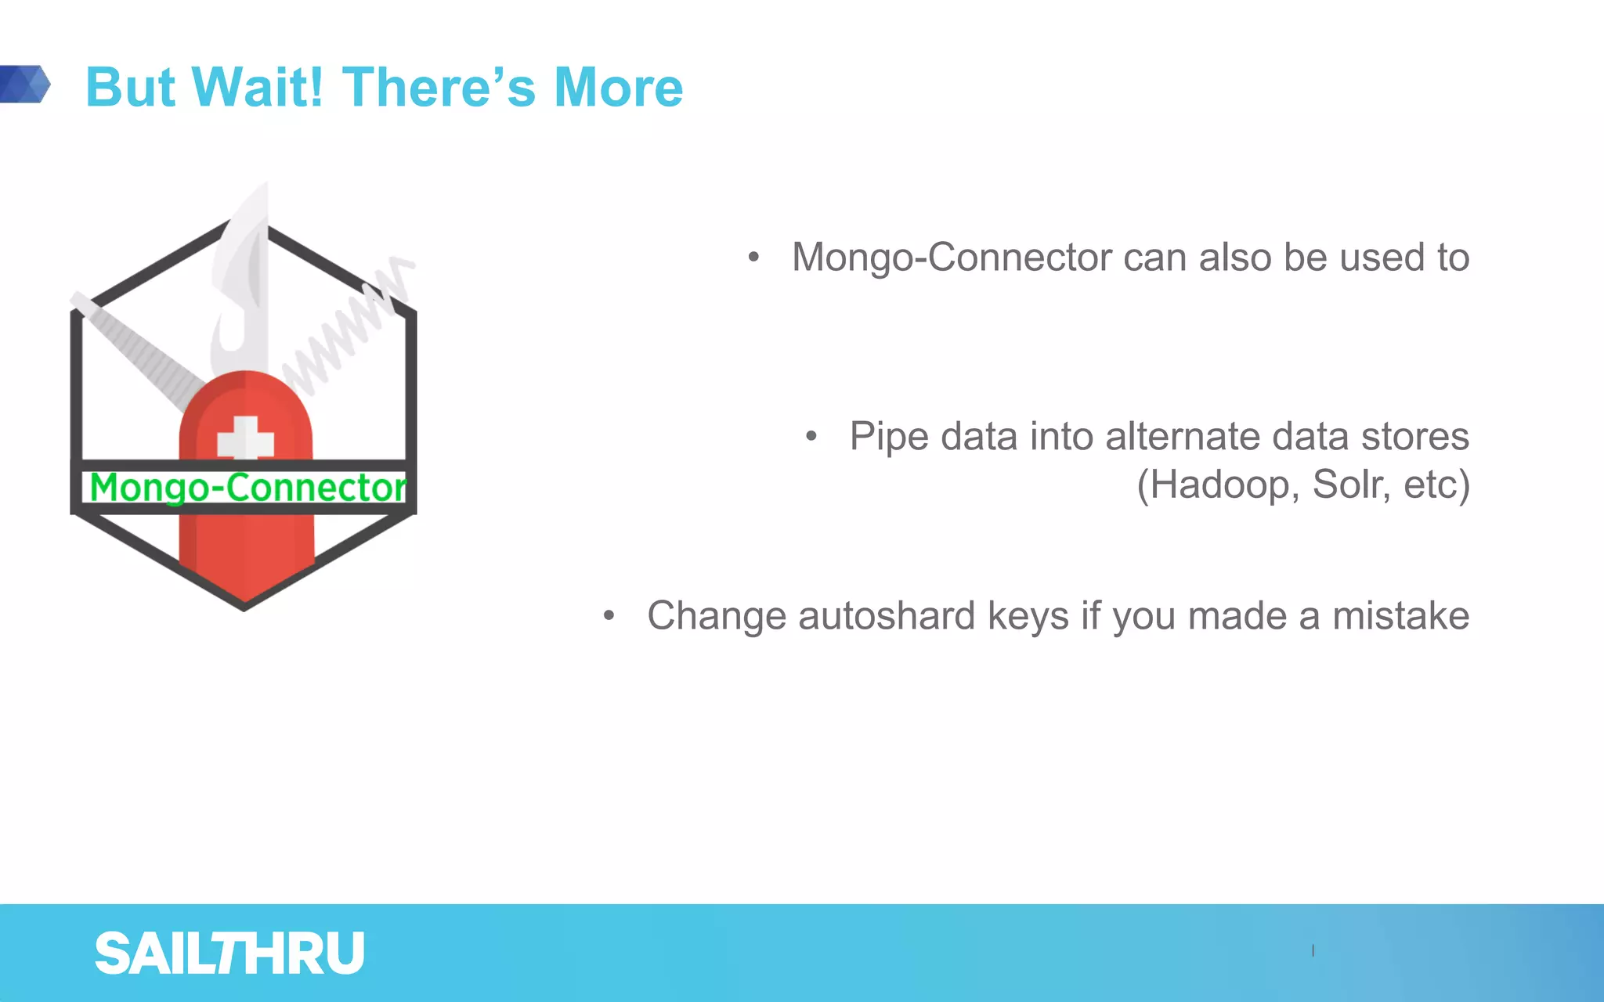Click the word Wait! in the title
coord(257,87)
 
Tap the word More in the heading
coord(618,87)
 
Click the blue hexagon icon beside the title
coord(25,84)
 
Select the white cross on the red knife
coord(245,438)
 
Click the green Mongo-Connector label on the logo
coord(247,487)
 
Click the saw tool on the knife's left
coord(137,352)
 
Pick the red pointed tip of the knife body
coord(244,587)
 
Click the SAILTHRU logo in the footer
coord(229,953)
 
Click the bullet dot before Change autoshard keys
coord(609,616)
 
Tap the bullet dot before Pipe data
coord(811,437)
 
